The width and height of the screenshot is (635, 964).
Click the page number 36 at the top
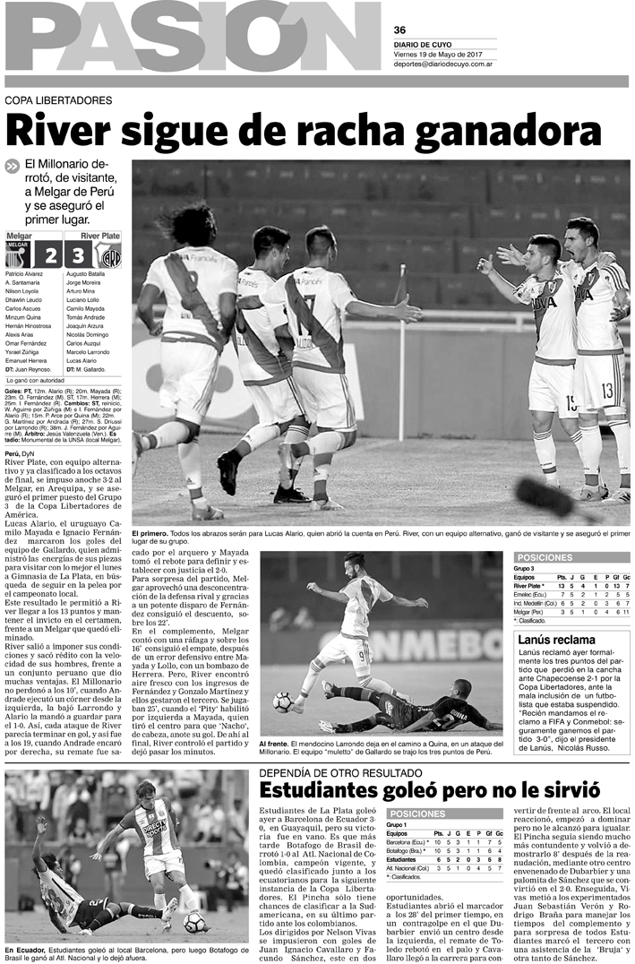399,29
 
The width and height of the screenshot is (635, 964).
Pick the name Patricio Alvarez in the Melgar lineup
24,272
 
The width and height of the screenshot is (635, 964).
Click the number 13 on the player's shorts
607,391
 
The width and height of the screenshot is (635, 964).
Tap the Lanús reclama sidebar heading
556,640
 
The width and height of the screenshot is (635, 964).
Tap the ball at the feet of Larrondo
283,701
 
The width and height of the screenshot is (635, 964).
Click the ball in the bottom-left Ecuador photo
193,922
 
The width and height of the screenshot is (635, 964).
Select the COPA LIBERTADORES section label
58,100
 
